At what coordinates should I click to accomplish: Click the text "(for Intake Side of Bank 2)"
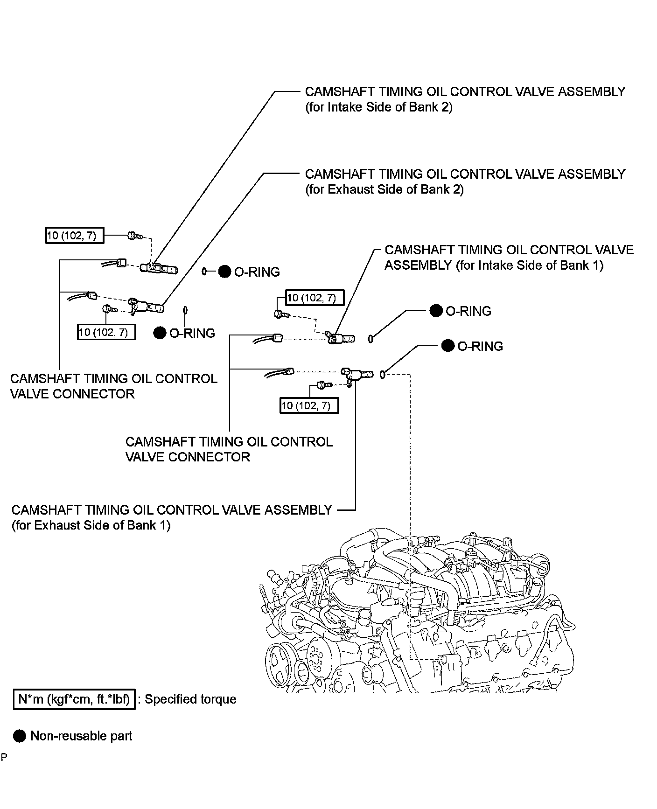point(378,107)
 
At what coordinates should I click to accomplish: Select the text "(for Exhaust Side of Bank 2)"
point(384,189)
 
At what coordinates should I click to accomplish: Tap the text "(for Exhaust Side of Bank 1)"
point(91,525)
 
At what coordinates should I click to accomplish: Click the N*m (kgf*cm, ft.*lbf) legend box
point(74,699)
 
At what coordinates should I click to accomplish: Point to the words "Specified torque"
point(190,699)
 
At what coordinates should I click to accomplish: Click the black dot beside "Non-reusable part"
point(20,736)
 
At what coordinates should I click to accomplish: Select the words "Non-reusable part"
point(81,736)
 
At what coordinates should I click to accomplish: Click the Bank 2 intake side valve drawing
point(161,268)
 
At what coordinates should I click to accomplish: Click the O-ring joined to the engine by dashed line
point(383,374)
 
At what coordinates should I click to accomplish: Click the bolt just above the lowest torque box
point(322,385)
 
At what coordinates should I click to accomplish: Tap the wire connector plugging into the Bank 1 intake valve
point(277,338)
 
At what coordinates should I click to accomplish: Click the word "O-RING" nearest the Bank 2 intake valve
point(257,272)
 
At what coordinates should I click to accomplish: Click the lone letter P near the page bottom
point(4,757)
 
